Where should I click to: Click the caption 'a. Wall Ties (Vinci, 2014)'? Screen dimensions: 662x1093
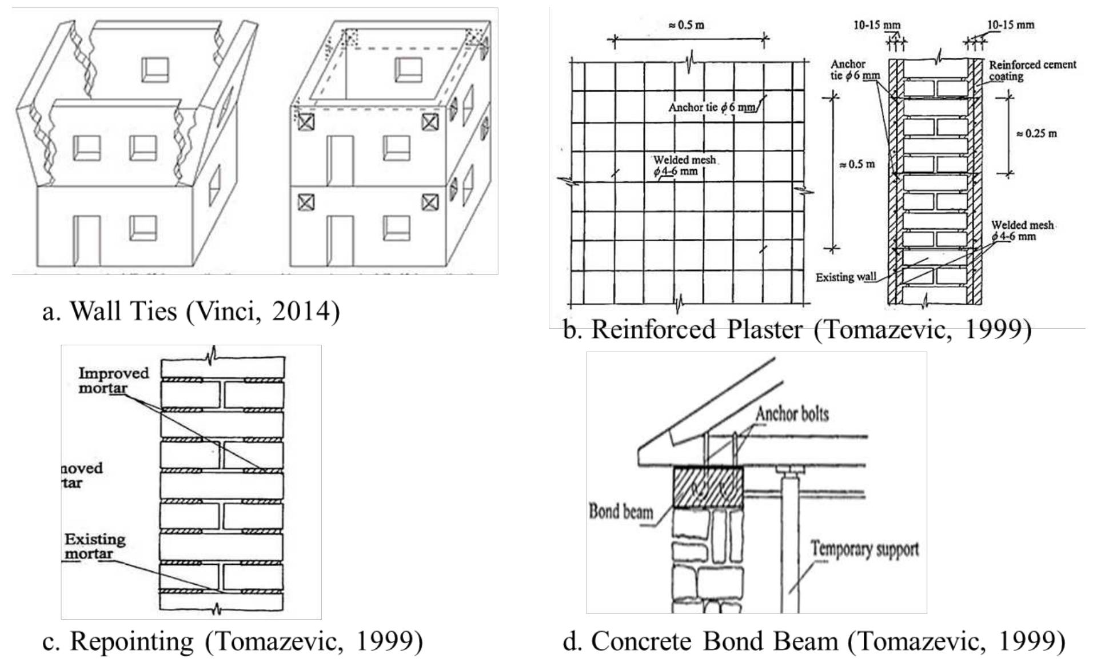pos(191,312)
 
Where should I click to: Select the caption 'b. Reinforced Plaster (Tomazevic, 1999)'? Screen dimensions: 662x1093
pos(797,330)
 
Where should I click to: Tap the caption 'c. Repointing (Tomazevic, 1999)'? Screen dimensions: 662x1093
pos(233,641)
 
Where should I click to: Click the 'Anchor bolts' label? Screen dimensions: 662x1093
pos(792,414)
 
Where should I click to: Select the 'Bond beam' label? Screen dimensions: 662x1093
pos(621,511)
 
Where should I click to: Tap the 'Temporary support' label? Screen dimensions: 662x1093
pos(864,549)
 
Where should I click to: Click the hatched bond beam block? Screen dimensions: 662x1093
pos(708,487)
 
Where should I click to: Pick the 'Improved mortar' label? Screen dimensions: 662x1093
pos(113,380)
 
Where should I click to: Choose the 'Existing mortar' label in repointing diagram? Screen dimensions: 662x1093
pos(94,547)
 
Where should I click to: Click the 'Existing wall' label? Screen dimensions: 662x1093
pos(845,277)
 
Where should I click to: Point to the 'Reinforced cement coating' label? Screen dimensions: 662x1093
pos(1032,70)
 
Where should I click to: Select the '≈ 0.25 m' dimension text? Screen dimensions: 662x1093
pos(1036,134)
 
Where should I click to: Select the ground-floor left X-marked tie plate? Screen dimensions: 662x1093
pos(306,202)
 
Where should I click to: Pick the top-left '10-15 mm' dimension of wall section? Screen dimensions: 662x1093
pos(876,25)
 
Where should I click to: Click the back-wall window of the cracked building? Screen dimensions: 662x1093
pos(155,69)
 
